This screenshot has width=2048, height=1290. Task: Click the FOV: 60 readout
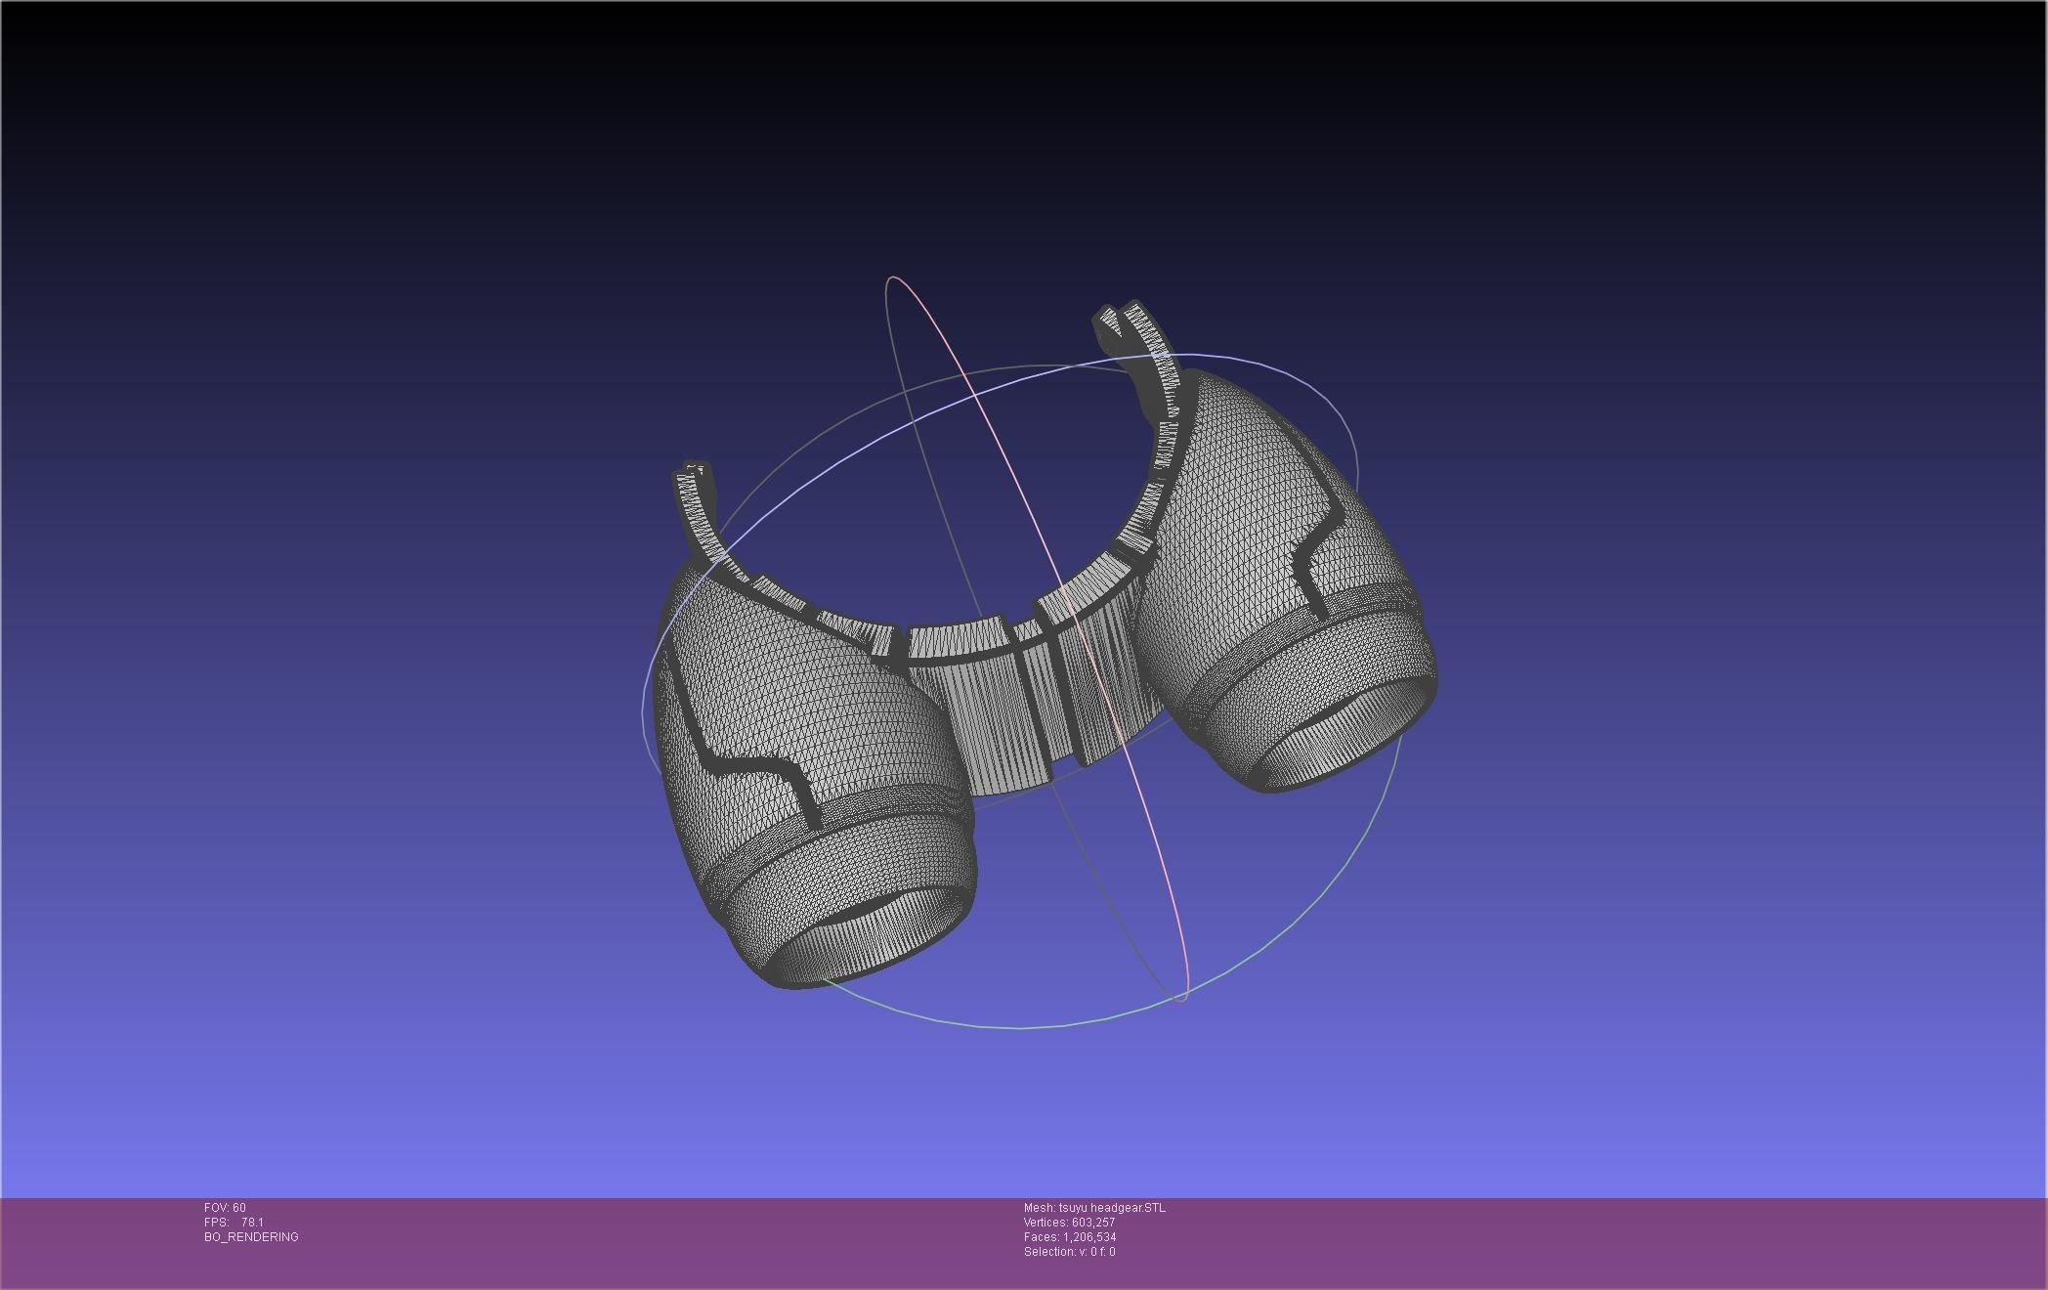225,1208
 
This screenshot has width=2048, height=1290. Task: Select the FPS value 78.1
252,1223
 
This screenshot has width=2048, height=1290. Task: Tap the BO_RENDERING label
251,1237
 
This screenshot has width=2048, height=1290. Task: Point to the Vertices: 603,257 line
1069,1223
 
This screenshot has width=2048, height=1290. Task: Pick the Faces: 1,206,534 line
1069,1237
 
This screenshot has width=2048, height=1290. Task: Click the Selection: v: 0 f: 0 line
1069,1252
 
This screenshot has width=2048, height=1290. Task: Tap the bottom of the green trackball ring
1021,1027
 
